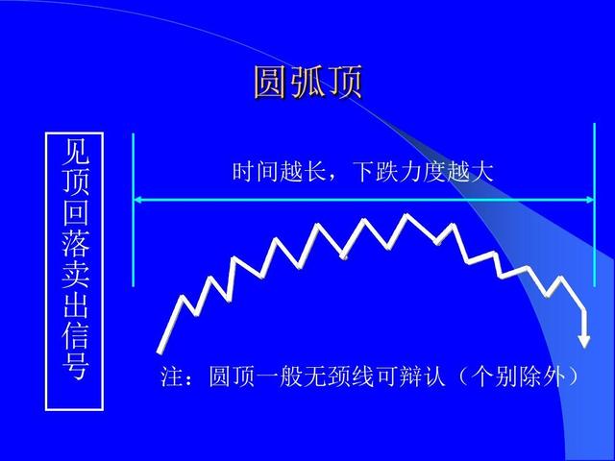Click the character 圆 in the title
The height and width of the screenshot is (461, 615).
click(271, 83)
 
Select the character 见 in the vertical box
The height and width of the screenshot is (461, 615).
click(74, 152)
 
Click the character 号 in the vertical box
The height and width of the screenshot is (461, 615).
click(74, 367)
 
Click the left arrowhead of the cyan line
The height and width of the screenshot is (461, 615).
click(138, 200)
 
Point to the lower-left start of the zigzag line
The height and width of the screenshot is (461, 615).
click(160, 350)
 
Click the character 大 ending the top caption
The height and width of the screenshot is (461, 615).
click(482, 173)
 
